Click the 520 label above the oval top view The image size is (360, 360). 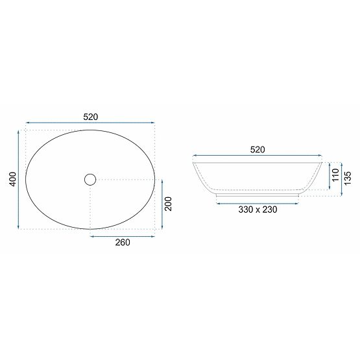pyautogui.click(x=90, y=117)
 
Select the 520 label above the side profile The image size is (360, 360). pyautogui.click(x=258, y=150)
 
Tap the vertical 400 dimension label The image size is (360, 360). pyautogui.click(x=11, y=179)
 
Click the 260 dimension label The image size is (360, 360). pyautogui.click(x=123, y=243)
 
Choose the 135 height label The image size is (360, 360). pyautogui.click(x=348, y=178)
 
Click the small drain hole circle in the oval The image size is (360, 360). pyautogui.click(x=90, y=178)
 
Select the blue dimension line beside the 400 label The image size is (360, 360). pyautogui.click(x=18, y=179)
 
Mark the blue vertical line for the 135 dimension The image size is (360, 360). pyautogui.click(x=341, y=177)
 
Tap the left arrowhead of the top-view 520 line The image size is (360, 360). pyautogui.click(x=27, y=122)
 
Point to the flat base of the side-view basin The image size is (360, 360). pyautogui.click(x=258, y=194)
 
